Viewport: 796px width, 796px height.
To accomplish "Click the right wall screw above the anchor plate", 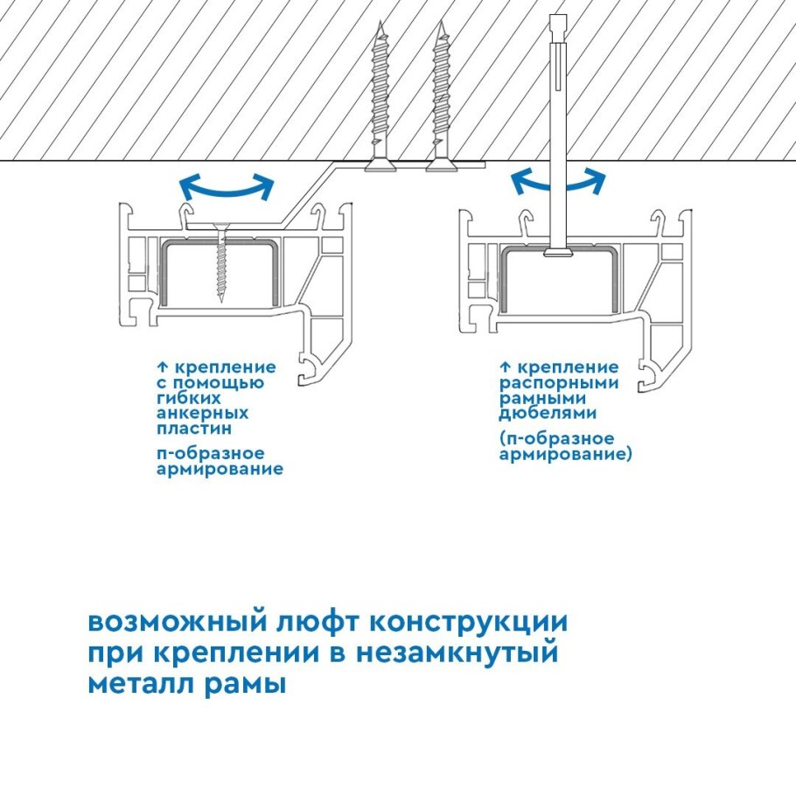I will [441, 96].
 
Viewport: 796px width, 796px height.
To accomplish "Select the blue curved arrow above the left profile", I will [226, 185].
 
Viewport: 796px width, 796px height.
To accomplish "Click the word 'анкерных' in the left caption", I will [202, 413].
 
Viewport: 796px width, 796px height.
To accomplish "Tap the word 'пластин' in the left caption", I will [194, 429].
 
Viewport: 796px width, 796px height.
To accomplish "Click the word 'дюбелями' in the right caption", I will [548, 413].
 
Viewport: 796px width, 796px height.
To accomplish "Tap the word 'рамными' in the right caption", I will [542, 398].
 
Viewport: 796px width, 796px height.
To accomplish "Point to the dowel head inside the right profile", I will [557, 254].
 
